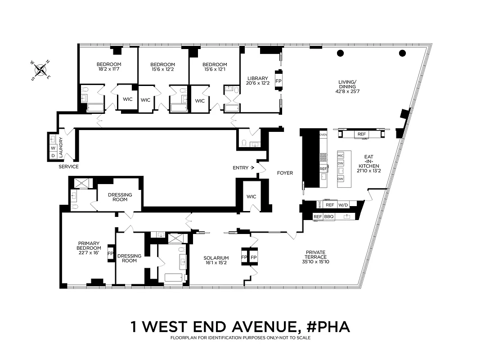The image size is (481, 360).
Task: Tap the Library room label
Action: (x=257, y=78)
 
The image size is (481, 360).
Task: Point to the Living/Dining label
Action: (x=347, y=84)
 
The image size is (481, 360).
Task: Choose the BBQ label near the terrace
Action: (x=329, y=217)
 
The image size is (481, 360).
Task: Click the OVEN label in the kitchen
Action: (x=323, y=135)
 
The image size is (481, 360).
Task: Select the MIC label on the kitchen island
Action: (x=341, y=156)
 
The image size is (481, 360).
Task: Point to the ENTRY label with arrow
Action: (x=243, y=168)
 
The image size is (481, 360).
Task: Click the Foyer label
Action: (x=284, y=173)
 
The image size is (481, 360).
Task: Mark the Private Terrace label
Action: (x=316, y=255)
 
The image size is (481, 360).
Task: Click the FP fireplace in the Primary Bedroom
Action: (x=110, y=253)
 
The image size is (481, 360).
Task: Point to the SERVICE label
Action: (x=68, y=166)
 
